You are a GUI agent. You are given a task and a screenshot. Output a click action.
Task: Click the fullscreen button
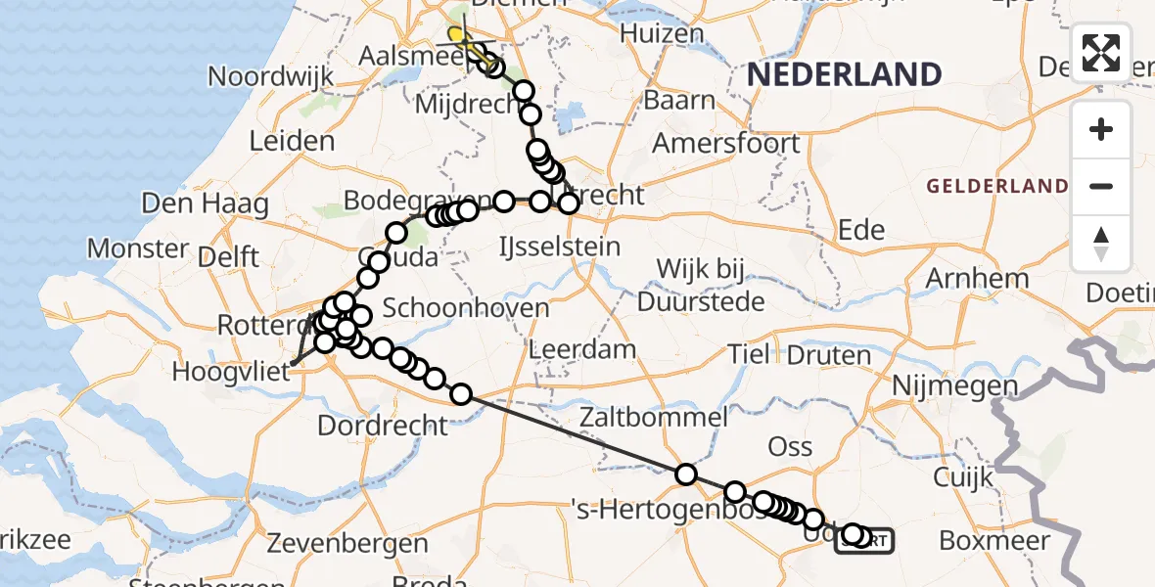(x=1101, y=53)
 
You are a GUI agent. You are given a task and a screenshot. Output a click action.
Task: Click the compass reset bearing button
(x=1101, y=242)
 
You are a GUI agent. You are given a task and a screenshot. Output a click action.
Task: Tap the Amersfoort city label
(x=727, y=143)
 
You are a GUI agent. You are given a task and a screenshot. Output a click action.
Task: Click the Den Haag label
(x=205, y=204)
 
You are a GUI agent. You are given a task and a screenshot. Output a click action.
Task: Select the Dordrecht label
(x=384, y=426)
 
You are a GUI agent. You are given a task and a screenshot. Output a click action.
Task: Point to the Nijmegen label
(x=954, y=386)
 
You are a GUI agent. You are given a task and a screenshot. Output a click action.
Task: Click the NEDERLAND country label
(x=844, y=74)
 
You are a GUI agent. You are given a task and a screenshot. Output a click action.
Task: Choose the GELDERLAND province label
(x=997, y=186)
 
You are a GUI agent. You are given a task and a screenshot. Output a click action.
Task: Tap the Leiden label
(x=292, y=141)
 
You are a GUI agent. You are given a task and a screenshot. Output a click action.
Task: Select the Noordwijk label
(x=258, y=76)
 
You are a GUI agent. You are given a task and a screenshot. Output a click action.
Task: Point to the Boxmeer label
(x=994, y=540)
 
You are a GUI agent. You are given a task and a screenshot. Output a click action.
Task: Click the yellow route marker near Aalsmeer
(x=456, y=36)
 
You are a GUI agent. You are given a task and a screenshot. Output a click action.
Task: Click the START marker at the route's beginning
(x=863, y=540)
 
